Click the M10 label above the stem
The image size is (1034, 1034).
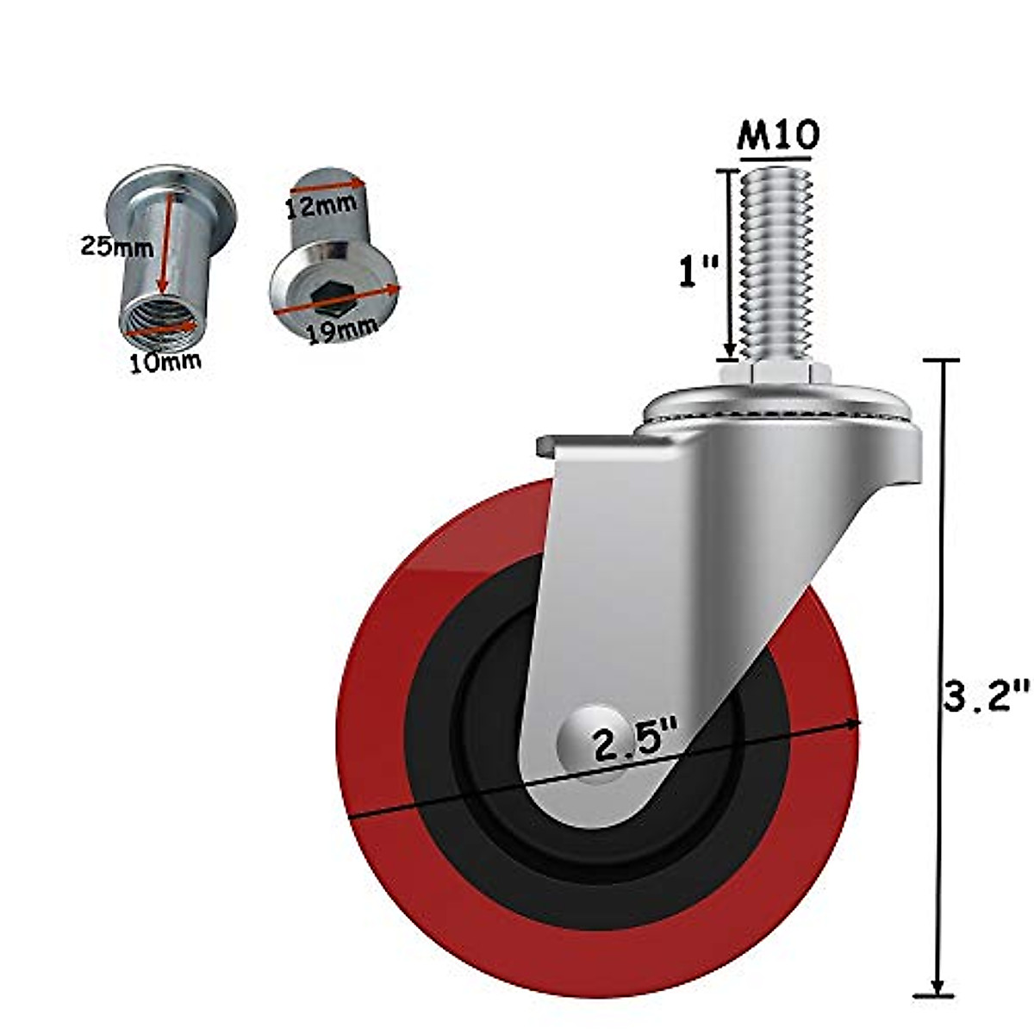[x=777, y=134]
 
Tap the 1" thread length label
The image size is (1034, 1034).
[x=696, y=271]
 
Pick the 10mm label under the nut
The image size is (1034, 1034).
[x=165, y=362]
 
